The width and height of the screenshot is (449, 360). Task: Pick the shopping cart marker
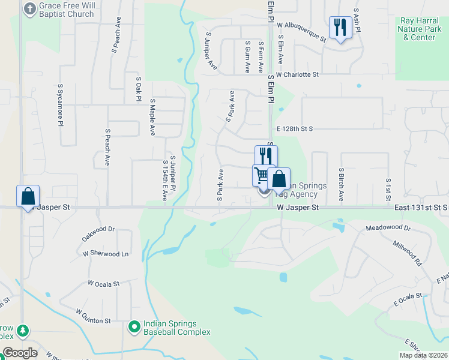pyautogui.click(x=262, y=176)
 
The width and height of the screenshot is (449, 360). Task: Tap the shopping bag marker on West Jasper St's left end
pyautogui.click(x=28, y=196)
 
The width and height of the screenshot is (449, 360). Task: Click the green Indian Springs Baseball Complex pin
pyautogui.click(x=136, y=327)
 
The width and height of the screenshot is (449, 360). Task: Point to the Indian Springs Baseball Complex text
pyautogui.click(x=176, y=327)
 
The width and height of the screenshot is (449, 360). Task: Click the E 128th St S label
pyautogui.click(x=295, y=128)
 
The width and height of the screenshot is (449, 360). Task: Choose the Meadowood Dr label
pyautogui.click(x=388, y=229)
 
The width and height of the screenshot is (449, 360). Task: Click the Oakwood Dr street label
pyautogui.click(x=98, y=233)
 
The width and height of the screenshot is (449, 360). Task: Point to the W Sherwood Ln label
pyautogui.click(x=106, y=254)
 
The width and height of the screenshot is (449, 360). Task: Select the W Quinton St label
pyautogui.click(x=93, y=316)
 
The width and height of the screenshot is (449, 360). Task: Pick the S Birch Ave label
pyautogui.click(x=340, y=184)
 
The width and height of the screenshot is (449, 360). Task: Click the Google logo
pyautogui.click(x=20, y=353)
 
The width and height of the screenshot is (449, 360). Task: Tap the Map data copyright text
pyautogui.click(x=424, y=355)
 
